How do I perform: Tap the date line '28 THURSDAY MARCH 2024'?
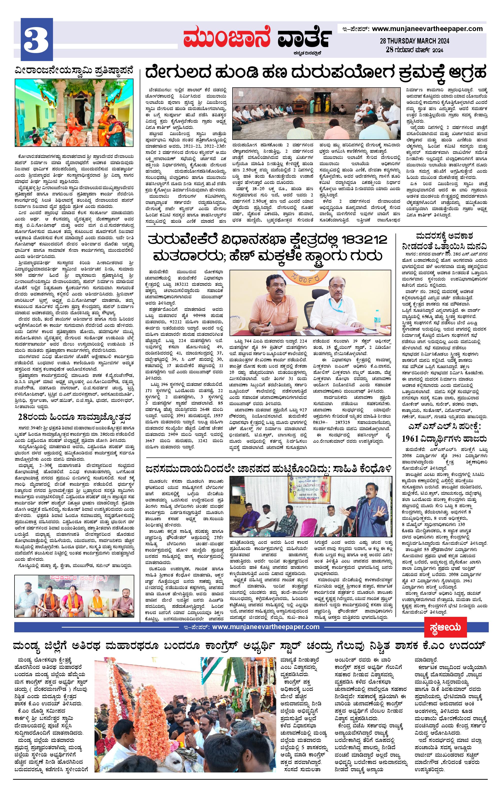[414, 41]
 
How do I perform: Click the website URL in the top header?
[427, 29]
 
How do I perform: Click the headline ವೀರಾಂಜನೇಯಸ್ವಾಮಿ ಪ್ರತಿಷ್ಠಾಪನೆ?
[74, 70]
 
